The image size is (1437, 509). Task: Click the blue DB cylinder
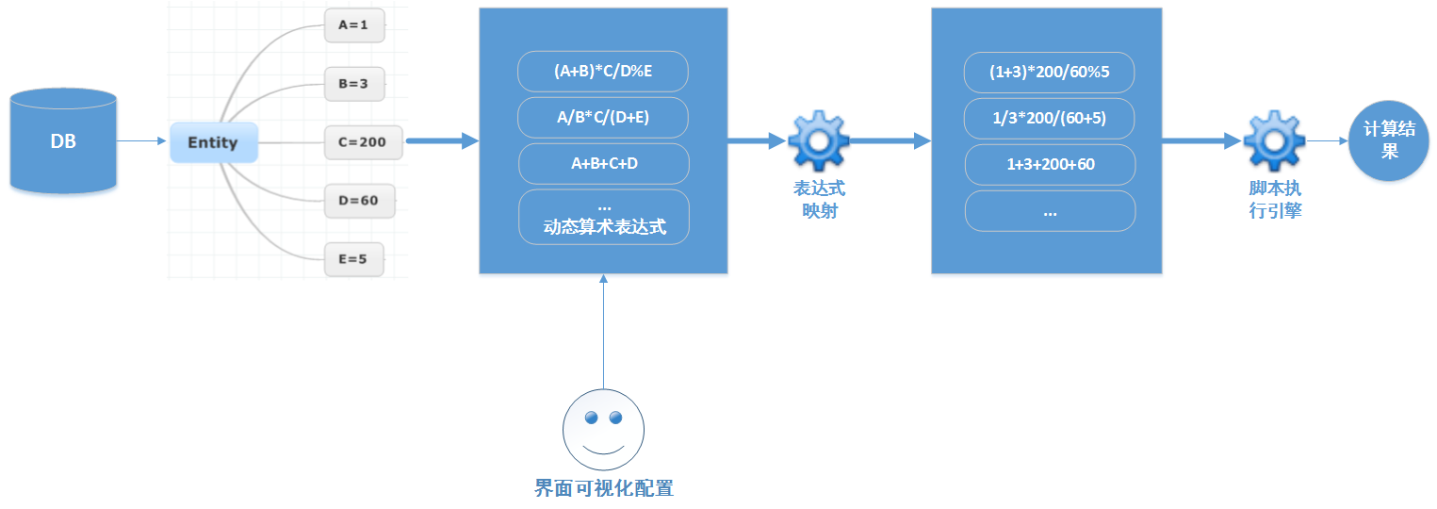63,141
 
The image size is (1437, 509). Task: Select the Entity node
213,143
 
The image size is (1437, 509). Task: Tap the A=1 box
354,26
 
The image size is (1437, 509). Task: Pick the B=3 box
354,84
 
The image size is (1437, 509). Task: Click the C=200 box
363,143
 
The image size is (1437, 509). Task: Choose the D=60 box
359,201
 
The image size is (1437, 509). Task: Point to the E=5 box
354,259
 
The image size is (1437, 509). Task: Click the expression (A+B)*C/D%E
603,72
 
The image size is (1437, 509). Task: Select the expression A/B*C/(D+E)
603,118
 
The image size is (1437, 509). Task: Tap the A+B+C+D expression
603,164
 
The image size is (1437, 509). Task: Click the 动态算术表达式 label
604,227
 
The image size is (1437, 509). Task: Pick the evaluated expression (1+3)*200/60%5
1049,73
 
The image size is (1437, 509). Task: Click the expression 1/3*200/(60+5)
1049,119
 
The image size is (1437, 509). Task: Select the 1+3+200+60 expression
1050,165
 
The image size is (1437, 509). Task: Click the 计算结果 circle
1389,141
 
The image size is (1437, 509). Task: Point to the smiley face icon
603,430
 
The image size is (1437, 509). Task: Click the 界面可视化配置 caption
604,488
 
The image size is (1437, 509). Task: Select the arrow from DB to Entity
141,142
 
